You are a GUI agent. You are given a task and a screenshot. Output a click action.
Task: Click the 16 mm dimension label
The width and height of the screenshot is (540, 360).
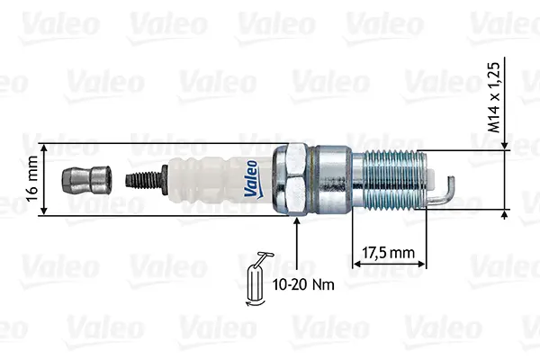(31, 178)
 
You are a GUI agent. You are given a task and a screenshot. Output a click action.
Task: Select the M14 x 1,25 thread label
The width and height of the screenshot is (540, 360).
(494, 97)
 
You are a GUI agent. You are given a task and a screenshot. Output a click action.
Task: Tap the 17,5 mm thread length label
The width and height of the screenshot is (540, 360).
(389, 253)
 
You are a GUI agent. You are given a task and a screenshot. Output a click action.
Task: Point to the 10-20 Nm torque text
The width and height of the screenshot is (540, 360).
(303, 284)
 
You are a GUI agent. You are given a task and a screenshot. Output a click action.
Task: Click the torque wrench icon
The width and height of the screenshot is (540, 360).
(256, 279)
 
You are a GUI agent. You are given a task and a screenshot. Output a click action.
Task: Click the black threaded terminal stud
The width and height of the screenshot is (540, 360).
(143, 179)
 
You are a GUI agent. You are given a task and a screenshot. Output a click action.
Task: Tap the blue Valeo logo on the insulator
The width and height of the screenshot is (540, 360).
(252, 179)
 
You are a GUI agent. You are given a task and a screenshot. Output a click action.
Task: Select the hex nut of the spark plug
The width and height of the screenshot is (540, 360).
(290, 179)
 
